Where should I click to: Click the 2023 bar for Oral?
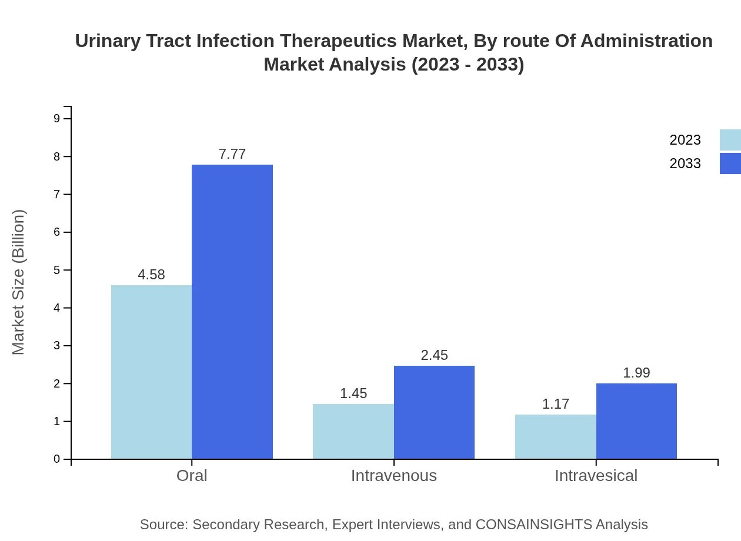(x=151, y=372)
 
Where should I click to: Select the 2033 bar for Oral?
(x=232, y=312)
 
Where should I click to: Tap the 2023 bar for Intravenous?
(x=353, y=431)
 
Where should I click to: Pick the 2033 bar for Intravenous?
(x=434, y=412)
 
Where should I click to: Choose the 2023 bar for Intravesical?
(x=556, y=436)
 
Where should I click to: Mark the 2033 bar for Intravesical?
(x=636, y=421)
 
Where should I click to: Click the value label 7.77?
(x=232, y=154)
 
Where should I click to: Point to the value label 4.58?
(x=151, y=275)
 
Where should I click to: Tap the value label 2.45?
(x=434, y=355)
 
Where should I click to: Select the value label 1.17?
(x=556, y=404)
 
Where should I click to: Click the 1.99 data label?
(x=636, y=373)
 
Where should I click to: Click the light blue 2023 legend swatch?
(x=730, y=140)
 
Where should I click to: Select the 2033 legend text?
(x=685, y=163)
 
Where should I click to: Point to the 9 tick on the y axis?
(x=57, y=119)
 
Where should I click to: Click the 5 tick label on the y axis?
(x=57, y=270)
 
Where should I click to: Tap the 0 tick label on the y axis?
(x=57, y=459)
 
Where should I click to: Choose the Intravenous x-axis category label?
(x=394, y=475)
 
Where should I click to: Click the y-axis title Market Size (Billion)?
(x=18, y=282)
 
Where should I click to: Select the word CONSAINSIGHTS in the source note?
(x=533, y=525)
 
